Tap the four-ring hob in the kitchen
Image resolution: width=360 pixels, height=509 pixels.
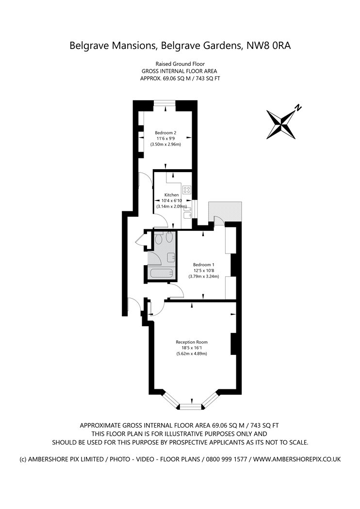[x=187, y=190]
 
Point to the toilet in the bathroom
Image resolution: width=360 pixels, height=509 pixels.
[x=159, y=239]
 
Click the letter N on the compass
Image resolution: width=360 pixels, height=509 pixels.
[x=297, y=108]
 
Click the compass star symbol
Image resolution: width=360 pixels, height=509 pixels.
[x=281, y=124]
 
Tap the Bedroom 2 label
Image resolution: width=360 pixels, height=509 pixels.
[x=165, y=133]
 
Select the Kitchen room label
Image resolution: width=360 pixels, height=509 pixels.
[x=172, y=195]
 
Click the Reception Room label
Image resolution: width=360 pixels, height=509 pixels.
[x=191, y=342]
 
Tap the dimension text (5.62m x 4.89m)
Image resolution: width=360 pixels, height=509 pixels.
[x=191, y=353]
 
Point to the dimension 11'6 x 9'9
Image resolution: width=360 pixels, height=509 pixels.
[x=165, y=139]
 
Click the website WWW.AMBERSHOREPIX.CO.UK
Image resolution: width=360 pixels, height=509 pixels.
[x=297, y=460]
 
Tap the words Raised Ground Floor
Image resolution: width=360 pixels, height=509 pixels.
[x=180, y=64]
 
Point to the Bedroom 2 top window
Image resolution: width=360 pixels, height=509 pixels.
[x=165, y=103]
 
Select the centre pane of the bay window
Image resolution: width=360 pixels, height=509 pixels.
[x=191, y=406]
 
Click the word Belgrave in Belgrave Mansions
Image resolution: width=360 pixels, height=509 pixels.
[x=89, y=46]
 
